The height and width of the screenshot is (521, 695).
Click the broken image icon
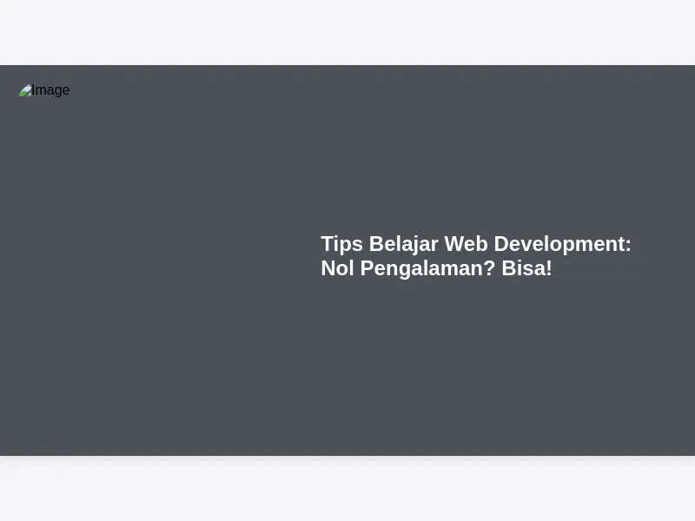tap(25, 90)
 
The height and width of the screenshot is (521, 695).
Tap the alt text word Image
tap(50, 90)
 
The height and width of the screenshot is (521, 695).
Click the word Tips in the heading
tap(341, 245)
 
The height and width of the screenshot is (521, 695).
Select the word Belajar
tap(404, 245)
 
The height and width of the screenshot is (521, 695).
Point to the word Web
tap(466, 244)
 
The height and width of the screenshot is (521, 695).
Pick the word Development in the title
tap(559, 245)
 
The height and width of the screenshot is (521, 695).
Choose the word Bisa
tap(524, 268)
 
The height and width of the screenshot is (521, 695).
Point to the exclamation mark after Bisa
tap(549, 268)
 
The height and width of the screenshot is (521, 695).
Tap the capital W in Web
tap(455, 244)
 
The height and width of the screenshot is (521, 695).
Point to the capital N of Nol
tap(328, 268)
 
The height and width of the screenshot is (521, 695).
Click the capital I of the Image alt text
tap(33, 90)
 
